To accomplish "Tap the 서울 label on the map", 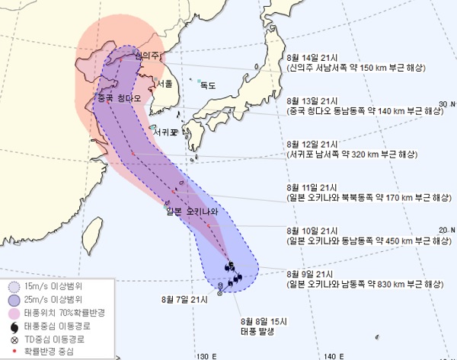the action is click(x=165, y=82).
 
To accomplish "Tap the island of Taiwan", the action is click(x=93, y=232).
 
